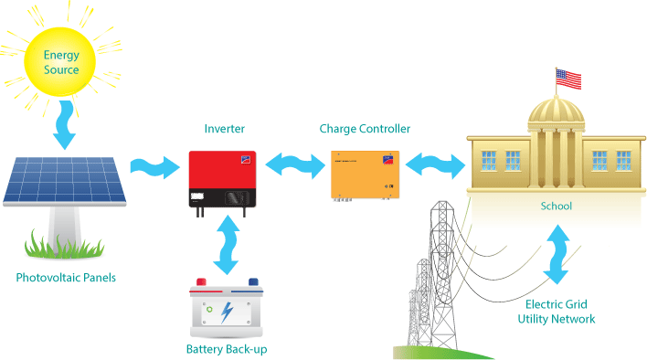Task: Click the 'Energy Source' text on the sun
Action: coord(61,62)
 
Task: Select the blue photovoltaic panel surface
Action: coord(64,179)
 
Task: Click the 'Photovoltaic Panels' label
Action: coord(66,278)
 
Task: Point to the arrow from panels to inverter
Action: coord(155,167)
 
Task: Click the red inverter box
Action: coord(222,179)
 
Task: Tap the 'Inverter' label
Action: coord(225,129)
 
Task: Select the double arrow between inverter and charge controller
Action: coord(294,165)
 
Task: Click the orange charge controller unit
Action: coord(366,175)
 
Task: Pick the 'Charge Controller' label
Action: coord(365,129)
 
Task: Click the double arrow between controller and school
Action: coord(435,165)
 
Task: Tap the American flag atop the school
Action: coord(568,79)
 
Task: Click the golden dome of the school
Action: coord(557,111)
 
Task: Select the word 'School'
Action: coord(557,206)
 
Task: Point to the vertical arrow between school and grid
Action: coord(557,254)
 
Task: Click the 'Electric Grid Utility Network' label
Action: coord(557,312)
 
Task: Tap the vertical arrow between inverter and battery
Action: coord(226,245)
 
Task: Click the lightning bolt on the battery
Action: coord(227,312)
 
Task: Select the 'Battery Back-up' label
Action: coord(227,349)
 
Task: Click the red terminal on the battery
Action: coord(201,282)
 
